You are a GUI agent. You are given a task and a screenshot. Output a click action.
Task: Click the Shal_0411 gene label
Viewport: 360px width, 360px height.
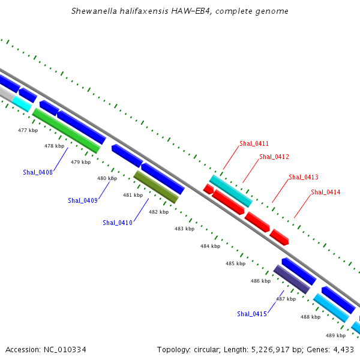(254, 144)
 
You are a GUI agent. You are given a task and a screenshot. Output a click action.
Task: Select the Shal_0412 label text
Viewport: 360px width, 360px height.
(274, 157)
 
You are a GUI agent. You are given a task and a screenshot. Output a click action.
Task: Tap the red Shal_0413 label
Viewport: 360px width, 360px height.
(304, 177)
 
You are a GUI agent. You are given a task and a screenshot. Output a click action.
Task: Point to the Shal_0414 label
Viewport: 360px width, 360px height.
(326, 192)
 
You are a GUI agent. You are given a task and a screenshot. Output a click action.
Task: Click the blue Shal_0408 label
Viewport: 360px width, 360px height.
(38, 172)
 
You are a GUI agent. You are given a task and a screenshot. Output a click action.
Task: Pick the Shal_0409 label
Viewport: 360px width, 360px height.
(83, 200)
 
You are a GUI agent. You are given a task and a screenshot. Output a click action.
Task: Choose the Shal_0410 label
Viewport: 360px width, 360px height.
(118, 223)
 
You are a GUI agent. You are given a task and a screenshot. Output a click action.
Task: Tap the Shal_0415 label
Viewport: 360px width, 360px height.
(252, 314)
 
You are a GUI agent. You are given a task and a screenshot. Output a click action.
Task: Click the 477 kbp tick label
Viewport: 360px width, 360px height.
(28, 130)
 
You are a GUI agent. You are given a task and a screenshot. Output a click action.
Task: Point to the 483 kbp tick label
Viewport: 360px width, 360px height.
(185, 229)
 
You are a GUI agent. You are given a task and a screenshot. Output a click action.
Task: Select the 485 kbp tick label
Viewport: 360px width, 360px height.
(236, 263)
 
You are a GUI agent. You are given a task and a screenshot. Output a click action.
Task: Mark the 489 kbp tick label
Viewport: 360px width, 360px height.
(335, 335)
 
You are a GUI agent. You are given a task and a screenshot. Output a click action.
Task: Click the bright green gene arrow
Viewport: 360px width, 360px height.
(66, 131)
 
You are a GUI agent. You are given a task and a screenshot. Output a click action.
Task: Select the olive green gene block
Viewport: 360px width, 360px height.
(156, 187)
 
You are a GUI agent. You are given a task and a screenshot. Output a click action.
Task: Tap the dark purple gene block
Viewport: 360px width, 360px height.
(292, 280)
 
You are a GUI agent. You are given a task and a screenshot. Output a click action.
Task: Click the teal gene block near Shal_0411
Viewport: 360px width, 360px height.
(231, 191)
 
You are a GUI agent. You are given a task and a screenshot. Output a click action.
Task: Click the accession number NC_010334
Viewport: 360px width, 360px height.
(65, 350)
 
